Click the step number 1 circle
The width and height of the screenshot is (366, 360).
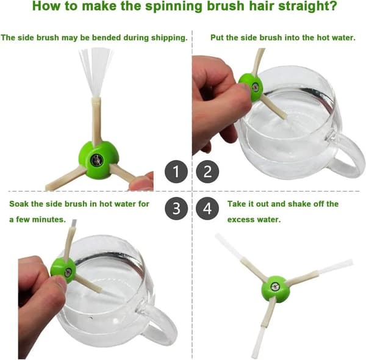176,171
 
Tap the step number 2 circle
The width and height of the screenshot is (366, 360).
207,171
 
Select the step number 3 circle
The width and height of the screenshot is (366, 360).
176,209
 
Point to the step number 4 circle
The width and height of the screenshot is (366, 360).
207,209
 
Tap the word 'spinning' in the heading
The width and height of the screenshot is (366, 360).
174,7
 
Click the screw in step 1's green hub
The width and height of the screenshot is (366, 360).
96,160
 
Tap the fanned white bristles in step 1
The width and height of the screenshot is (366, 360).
96,71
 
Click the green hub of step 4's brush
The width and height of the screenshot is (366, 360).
276,289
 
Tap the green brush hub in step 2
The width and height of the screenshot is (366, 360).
251,87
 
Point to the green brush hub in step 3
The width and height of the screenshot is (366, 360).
63,270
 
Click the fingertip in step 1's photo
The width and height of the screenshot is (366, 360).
142,182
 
